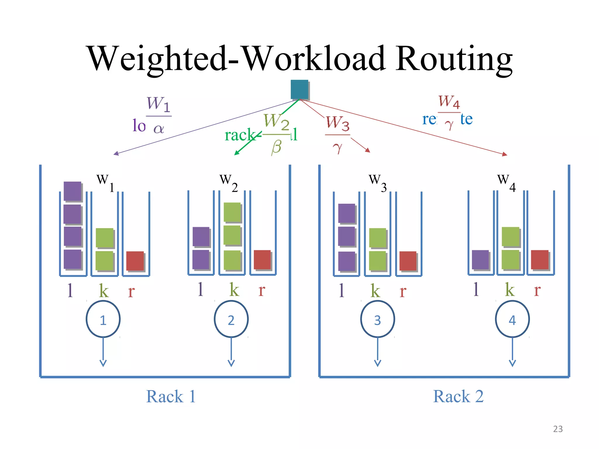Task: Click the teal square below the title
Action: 299,89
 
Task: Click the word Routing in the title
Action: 454,58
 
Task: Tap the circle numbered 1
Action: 103,320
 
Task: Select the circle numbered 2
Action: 231,320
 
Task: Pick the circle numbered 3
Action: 377,320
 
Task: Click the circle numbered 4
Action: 512,320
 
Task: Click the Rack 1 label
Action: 171,397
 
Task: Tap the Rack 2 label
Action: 458,397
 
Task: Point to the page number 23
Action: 558,429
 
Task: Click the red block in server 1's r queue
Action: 135,261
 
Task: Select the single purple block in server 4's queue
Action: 480,260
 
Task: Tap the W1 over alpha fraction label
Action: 159,115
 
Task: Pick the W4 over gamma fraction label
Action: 449,112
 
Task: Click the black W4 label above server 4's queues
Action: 506,182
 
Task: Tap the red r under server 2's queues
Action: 262,290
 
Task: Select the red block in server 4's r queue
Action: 540,260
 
